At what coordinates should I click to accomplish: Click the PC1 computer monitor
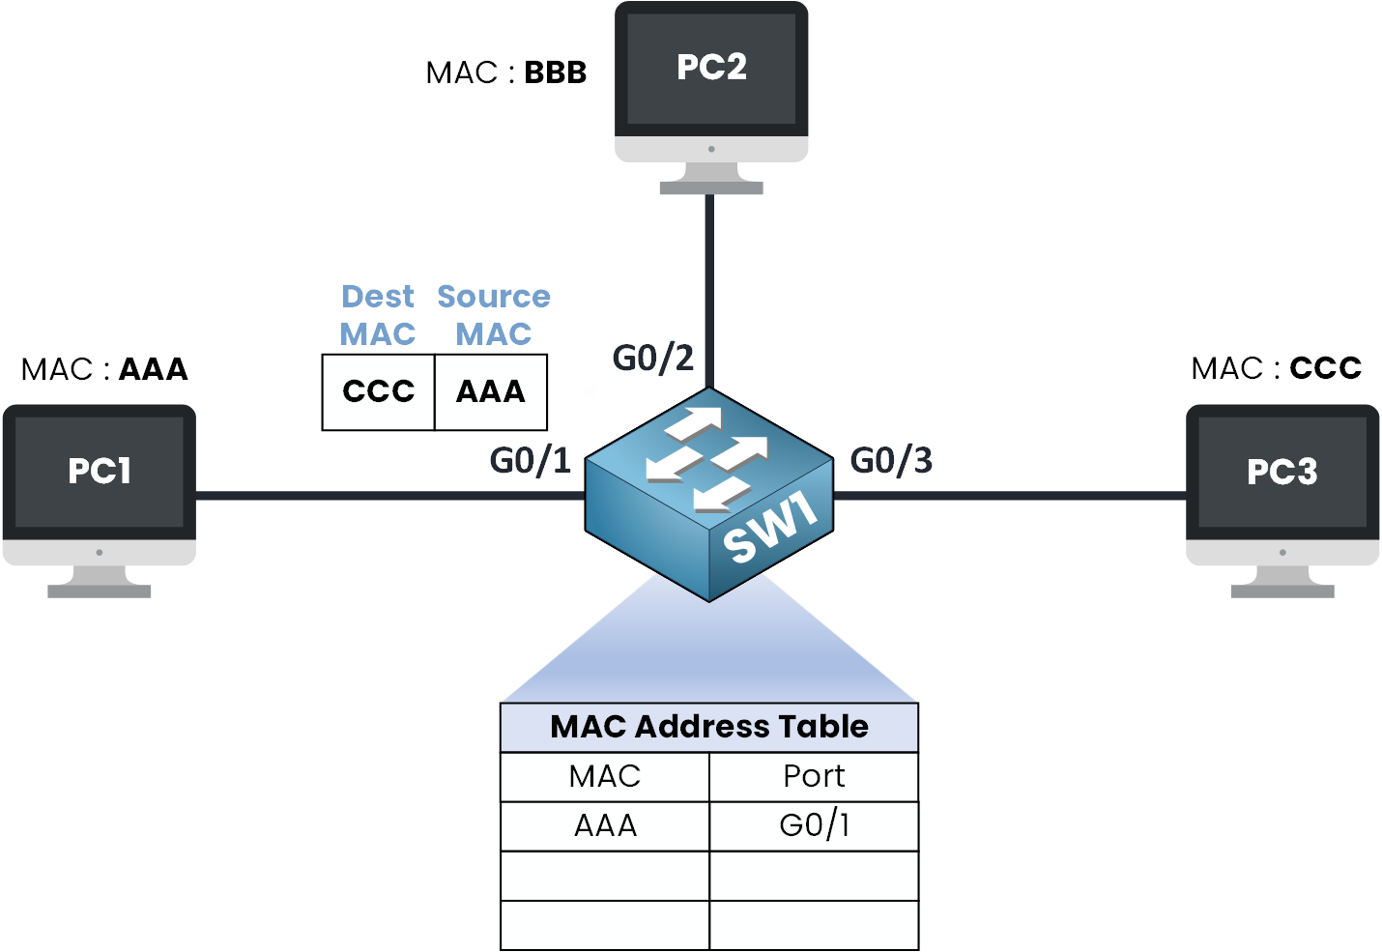[x=100, y=483]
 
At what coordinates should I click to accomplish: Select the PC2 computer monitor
[x=711, y=82]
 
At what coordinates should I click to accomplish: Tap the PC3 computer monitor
[x=1282, y=483]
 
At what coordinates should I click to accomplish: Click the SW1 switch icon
[x=709, y=493]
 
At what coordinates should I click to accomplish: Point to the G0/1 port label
[x=531, y=461]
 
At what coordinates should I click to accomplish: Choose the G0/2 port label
[x=653, y=359]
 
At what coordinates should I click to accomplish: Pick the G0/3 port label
[x=891, y=461]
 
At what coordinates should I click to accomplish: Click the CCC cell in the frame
[x=378, y=391]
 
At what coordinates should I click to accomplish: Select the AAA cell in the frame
[x=491, y=391]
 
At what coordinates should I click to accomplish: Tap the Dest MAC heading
[x=378, y=315]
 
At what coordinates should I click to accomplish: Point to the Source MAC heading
[x=494, y=315]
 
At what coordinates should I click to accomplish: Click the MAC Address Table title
[x=709, y=727]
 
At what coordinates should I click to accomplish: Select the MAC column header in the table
[x=605, y=776]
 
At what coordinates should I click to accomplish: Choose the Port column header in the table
[x=814, y=776]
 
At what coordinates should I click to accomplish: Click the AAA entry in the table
[x=605, y=826]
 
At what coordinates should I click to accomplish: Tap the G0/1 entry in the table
[x=814, y=826]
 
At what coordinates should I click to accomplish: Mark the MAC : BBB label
[x=506, y=73]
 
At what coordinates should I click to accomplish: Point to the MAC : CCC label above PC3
[x=1276, y=368]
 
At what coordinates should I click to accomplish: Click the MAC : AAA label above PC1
[x=104, y=369]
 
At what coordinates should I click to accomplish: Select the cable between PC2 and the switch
[x=709, y=290]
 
